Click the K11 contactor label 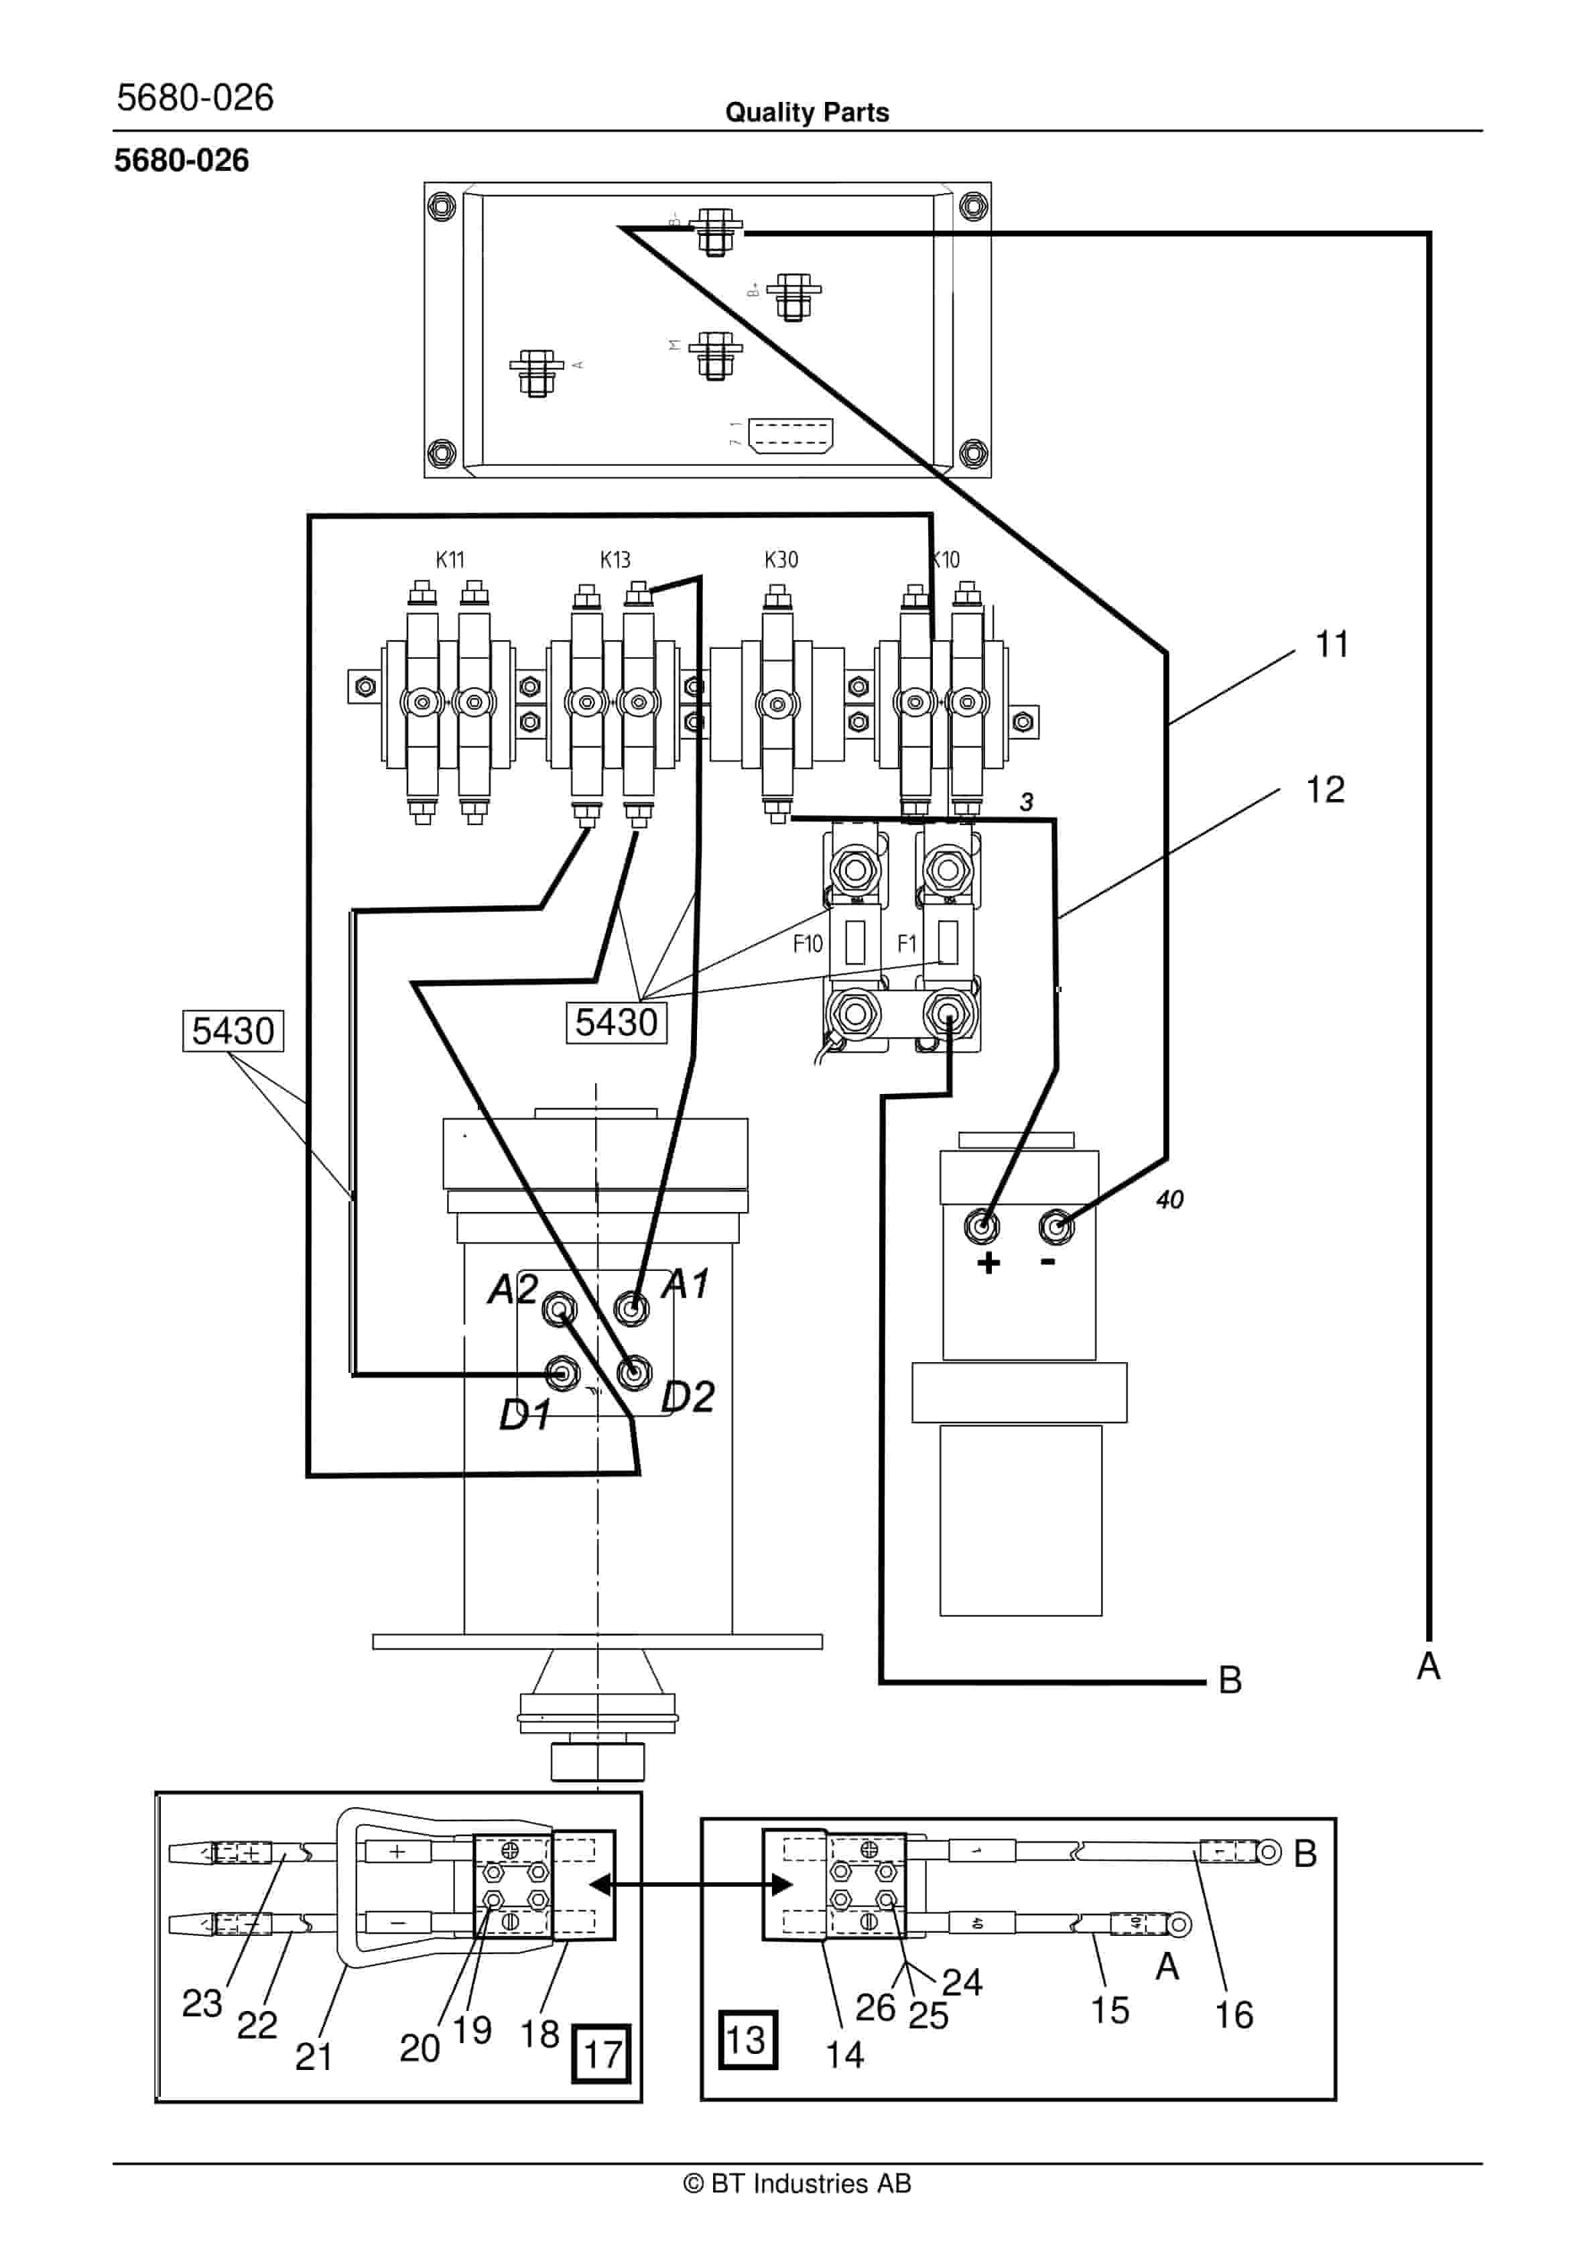(450, 560)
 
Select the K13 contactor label (615, 560)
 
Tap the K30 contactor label (781, 560)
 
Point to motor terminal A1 (631, 1308)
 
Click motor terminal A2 (559, 1309)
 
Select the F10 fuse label (808, 944)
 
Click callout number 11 (1332, 646)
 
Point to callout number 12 (1325, 790)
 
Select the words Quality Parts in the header (806, 113)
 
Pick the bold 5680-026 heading (182, 161)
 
